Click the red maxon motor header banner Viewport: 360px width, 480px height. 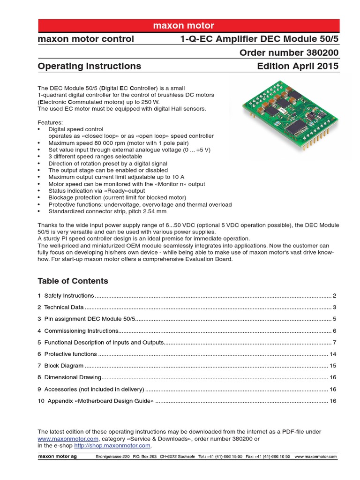coord(188,25)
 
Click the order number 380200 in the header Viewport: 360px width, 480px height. coord(289,52)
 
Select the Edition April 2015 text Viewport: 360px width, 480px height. coord(297,66)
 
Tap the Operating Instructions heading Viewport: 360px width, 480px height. coord(89,66)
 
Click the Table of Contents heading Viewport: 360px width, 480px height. coord(73,281)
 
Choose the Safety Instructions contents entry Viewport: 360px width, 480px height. coord(69,296)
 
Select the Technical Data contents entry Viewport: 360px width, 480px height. coord(64,307)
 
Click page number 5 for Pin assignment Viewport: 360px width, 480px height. coord(335,319)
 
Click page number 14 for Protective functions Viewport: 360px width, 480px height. coord(333,354)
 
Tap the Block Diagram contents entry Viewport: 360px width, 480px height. coord(64,366)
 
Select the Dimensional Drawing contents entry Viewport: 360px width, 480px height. coord(72,377)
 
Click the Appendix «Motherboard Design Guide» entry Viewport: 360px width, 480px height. coord(98,401)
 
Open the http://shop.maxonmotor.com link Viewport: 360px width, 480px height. coord(112,446)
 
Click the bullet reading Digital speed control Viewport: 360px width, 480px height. coord(76,129)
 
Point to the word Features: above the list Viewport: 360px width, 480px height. coord(50,122)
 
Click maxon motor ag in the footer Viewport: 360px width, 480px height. coord(57,457)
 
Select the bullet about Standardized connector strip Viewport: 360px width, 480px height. coord(107,212)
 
